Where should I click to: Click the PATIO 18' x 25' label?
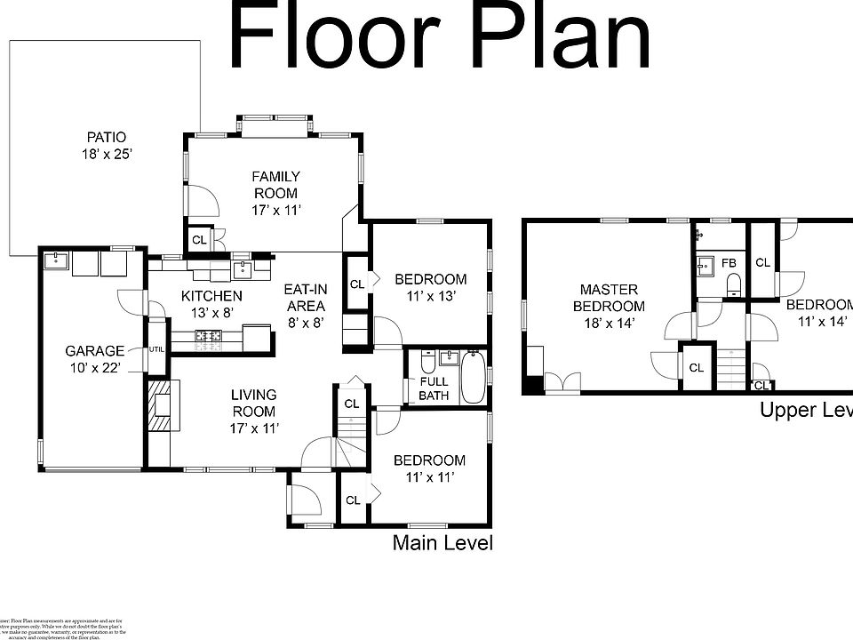(x=106, y=146)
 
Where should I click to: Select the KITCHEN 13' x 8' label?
(x=211, y=304)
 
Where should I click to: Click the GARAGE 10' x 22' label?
(x=95, y=359)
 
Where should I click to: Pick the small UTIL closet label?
(x=157, y=349)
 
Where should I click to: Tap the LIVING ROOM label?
(x=254, y=411)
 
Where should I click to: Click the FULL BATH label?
(x=434, y=388)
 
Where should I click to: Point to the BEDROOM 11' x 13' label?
(x=430, y=287)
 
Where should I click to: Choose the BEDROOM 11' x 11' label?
(x=429, y=468)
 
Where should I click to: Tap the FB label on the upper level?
(x=729, y=264)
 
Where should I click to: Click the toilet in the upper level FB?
(x=733, y=284)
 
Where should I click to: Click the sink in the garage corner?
(x=58, y=260)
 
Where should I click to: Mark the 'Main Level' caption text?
(x=442, y=542)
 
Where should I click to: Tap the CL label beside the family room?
(x=199, y=240)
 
